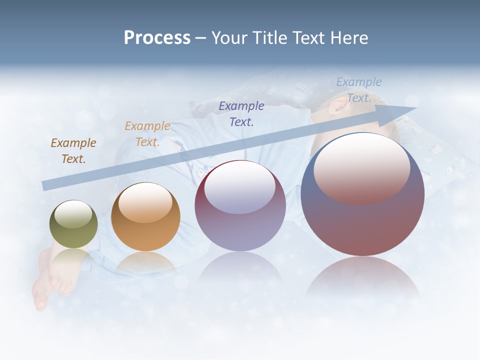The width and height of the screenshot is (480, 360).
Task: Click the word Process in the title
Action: point(157,38)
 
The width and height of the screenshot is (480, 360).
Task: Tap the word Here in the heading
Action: point(348,38)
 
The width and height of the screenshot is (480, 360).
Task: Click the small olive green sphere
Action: point(73,224)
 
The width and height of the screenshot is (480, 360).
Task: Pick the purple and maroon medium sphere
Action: point(240,206)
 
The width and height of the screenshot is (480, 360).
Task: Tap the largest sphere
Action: point(362,195)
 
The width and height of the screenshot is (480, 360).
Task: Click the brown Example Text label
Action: point(73,150)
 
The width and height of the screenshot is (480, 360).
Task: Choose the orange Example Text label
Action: point(147,133)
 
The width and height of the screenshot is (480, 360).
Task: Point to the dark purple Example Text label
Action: point(241,113)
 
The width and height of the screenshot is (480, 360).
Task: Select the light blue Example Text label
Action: point(359,90)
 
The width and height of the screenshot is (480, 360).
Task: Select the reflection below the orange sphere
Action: point(145,264)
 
